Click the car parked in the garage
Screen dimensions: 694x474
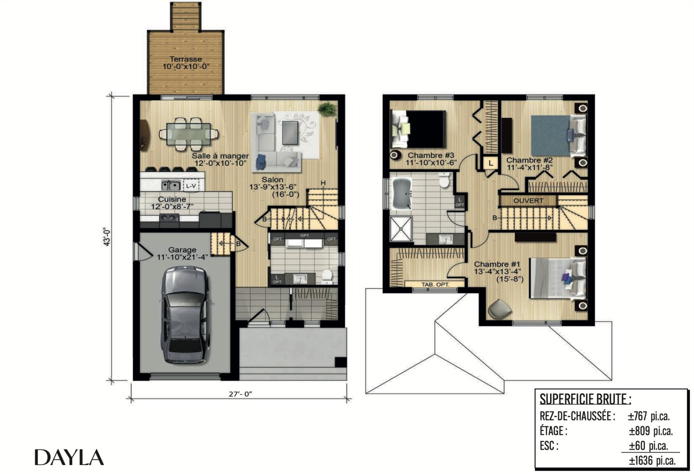click(x=184, y=315)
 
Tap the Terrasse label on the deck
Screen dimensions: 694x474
click(x=186, y=59)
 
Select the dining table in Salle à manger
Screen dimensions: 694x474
click(x=188, y=134)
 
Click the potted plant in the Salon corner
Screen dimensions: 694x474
click(x=327, y=109)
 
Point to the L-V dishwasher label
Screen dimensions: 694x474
click(x=191, y=186)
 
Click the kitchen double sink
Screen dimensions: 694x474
click(x=171, y=186)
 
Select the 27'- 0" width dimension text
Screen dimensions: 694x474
click(x=240, y=394)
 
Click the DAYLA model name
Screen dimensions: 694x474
click(x=69, y=457)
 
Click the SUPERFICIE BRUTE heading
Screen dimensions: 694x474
click(x=585, y=399)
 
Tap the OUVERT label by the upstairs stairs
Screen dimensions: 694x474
click(x=528, y=201)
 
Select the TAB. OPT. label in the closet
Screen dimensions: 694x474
click(x=435, y=284)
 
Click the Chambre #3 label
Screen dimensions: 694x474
click(x=431, y=155)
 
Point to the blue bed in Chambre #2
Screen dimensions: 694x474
click(x=559, y=136)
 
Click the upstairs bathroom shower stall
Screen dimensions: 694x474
click(x=401, y=229)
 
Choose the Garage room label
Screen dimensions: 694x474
click(x=182, y=250)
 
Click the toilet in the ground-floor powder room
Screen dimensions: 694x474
click(x=327, y=276)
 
